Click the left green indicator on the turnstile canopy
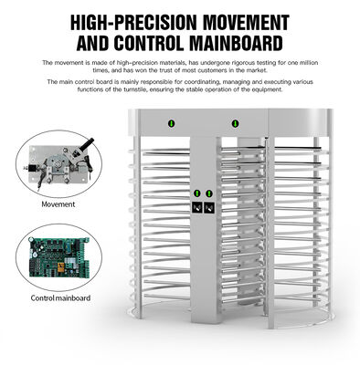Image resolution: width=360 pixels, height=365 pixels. click(169, 122)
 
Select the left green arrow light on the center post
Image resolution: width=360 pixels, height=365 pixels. click(196, 194)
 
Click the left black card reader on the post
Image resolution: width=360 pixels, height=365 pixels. click(196, 207)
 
